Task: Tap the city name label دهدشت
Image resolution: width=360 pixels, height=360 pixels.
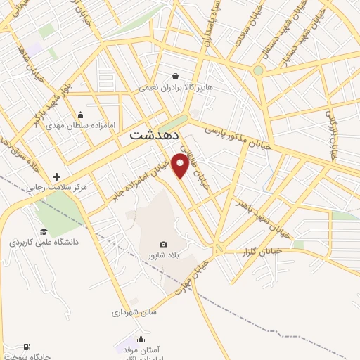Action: [x=155, y=136]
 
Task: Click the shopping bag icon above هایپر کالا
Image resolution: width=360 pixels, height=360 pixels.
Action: [x=175, y=76]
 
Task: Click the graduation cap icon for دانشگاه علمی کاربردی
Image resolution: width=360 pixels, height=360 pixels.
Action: [x=44, y=231]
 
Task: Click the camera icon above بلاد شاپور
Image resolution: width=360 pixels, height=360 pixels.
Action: [x=163, y=244]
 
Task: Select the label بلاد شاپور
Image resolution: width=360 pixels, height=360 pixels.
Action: [x=162, y=255]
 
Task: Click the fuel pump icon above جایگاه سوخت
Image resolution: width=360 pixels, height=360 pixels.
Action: [x=27, y=347]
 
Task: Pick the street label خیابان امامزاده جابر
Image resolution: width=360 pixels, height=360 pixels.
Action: [x=150, y=172]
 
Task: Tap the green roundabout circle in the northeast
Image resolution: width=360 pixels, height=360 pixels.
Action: [x=258, y=70]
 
